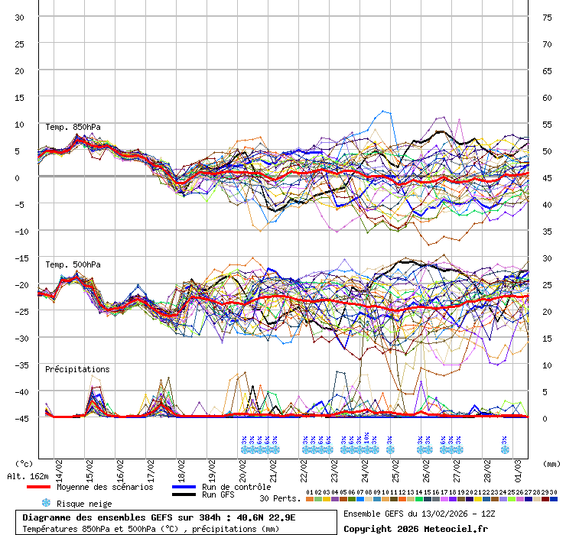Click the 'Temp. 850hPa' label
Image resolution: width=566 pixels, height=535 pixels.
[73, 127]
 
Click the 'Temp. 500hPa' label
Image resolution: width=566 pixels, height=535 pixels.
[73, 264]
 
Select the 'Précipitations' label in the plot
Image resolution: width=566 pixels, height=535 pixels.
[77, 369]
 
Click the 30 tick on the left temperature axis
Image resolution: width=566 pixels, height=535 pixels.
[20, 18]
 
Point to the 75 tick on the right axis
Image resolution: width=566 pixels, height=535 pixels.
[547, 18]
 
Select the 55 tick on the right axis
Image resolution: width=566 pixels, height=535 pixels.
[547, 125]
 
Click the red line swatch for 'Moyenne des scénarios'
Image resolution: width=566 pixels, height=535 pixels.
[38, 487]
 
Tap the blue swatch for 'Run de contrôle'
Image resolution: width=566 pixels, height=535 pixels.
[184, 487]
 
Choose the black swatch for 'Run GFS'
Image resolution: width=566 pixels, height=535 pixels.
[184, 495]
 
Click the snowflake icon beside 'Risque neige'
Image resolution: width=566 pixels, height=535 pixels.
[45, 503]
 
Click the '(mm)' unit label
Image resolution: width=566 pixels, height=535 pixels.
[551, 463]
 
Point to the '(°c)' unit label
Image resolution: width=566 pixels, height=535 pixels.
[24, 463]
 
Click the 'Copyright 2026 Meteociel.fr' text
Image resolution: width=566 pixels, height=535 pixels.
[415, 528]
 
